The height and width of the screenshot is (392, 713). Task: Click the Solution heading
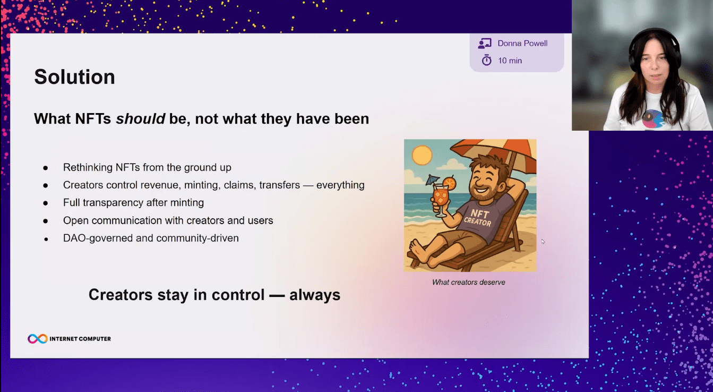tap(74, 76)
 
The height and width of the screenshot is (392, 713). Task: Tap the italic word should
tap(140, 119)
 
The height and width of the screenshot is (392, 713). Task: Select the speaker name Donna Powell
tap(522, 44)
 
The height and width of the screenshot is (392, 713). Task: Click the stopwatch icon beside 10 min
tap(486, 60)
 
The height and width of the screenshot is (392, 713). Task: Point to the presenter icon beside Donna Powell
tap(485, 44)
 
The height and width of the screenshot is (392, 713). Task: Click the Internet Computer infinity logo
tap(38, 338)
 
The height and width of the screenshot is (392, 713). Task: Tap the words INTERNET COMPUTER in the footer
tap(80, 339)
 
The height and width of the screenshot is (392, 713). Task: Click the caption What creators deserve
tap(469, 282)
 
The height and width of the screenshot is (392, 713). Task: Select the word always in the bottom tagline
tap(315, 295)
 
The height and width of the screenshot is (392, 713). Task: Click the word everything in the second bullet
tap(340, 185)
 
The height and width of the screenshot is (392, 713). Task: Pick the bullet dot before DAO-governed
tap(46, 239)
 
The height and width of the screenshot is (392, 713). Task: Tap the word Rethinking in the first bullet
tap(88, 167)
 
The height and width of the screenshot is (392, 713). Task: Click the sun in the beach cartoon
tap(422, 156)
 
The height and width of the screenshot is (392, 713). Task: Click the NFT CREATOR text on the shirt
tap(478, 217)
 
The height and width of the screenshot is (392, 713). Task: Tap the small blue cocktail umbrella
tap(433, 180)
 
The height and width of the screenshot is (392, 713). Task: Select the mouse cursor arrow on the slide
tap(543, 241)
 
